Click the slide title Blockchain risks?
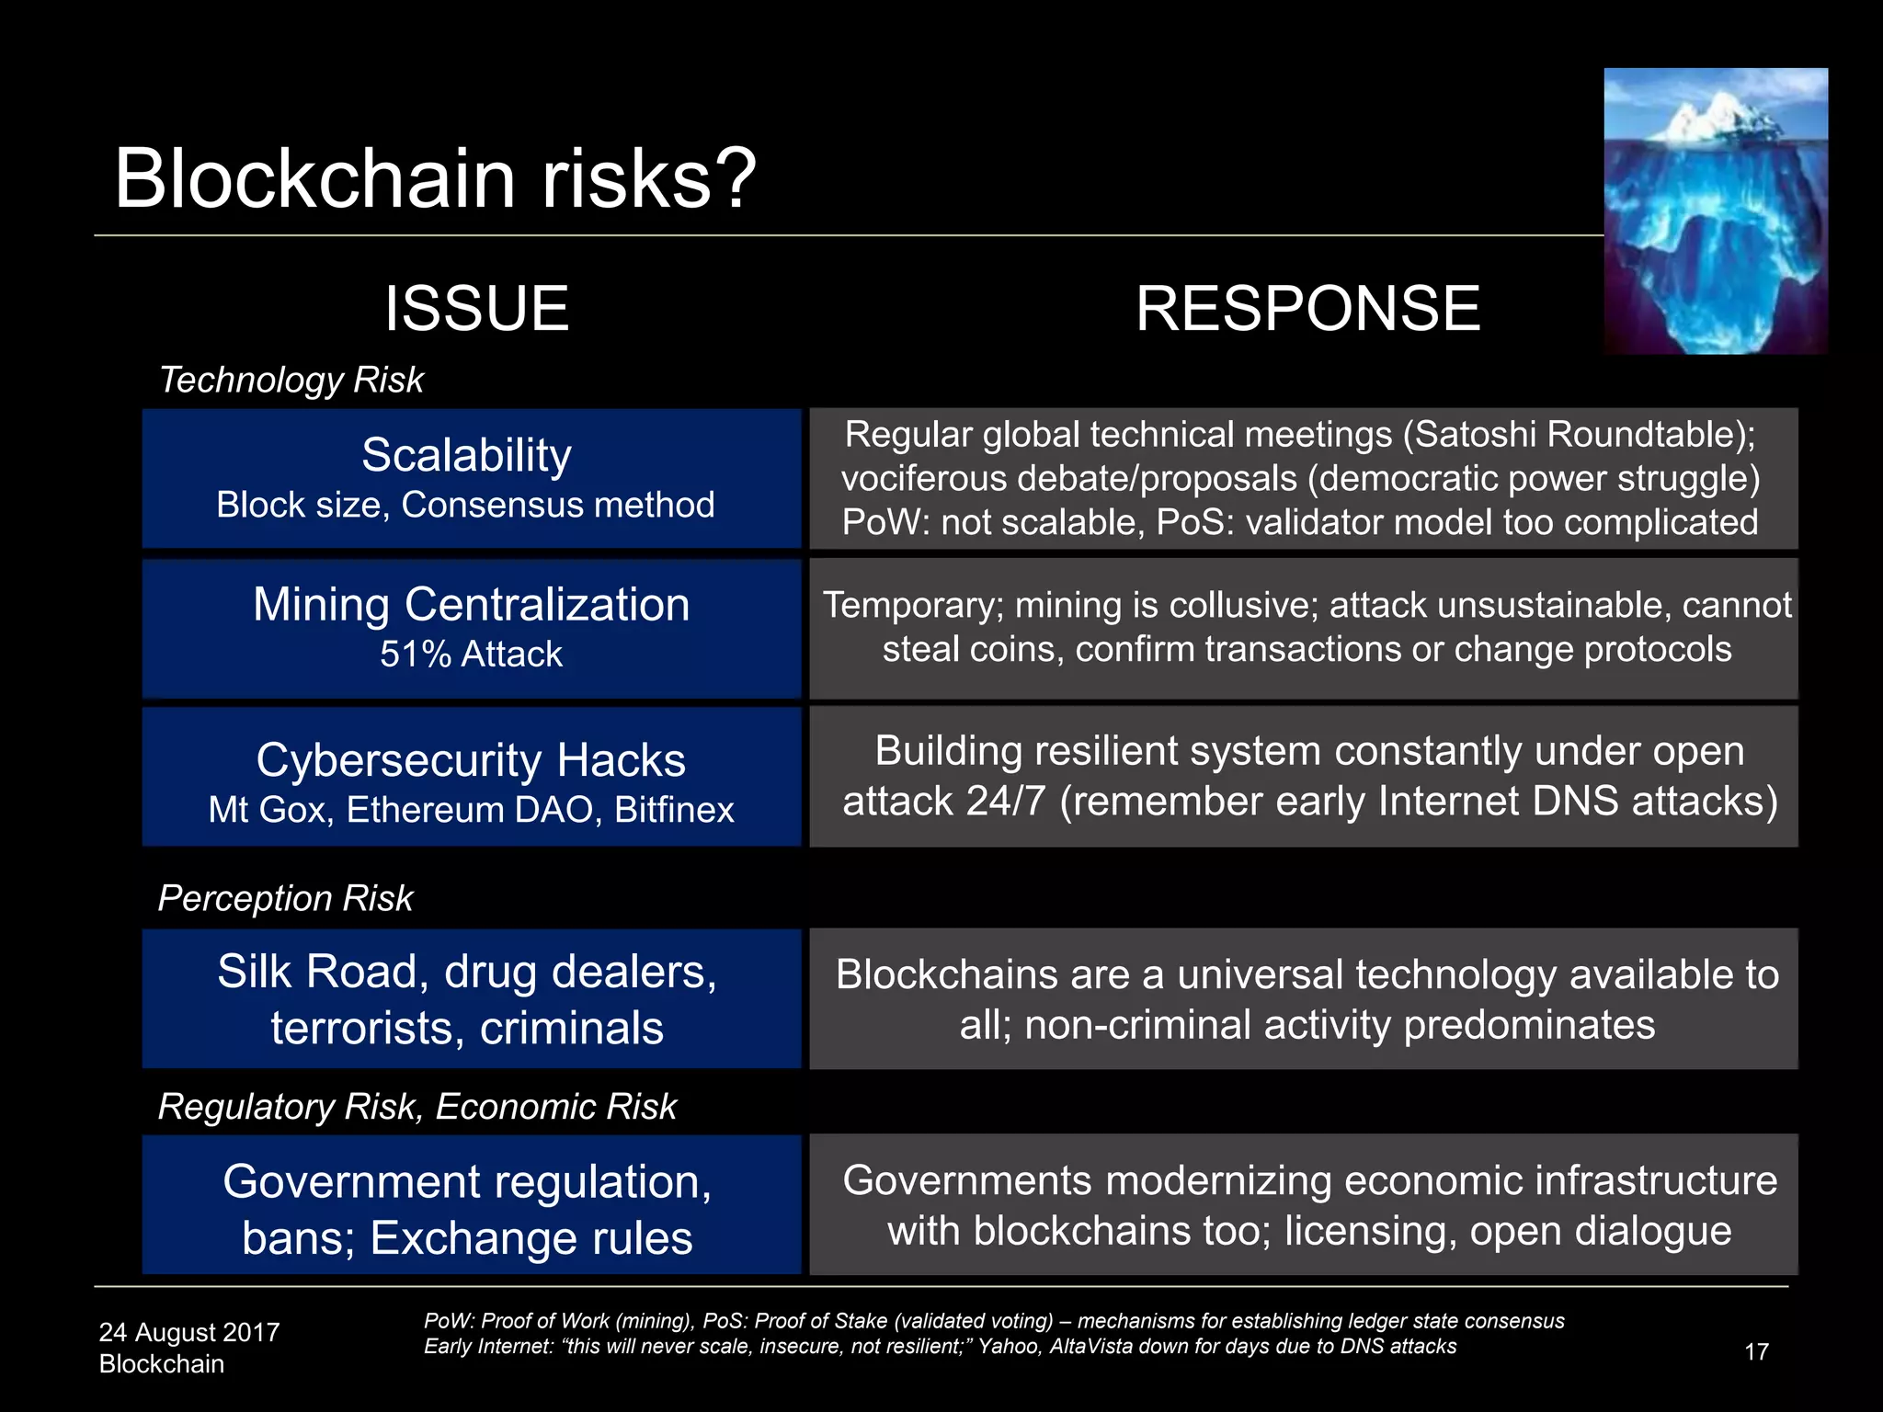(x=434, y=178)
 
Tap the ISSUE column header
(x=476, y=309)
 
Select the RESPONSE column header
(x=1307, y=309)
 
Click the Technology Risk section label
(x=291, y=380)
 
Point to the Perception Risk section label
(x=285, y=898)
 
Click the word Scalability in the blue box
(x=466, y=455)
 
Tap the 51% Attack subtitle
(x=471, y=655)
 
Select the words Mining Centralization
(x=471, y=605)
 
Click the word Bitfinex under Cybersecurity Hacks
(x=674, y=810)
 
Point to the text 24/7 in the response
(x=1005, y=801)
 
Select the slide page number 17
(x=1756, y=1351)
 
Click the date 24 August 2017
(x=188, y=1332)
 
